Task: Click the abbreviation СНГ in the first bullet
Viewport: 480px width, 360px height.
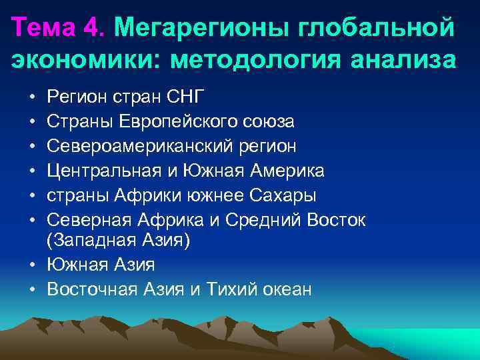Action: [x=183, y=97]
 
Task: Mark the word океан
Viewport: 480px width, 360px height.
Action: [x=284, y=289]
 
